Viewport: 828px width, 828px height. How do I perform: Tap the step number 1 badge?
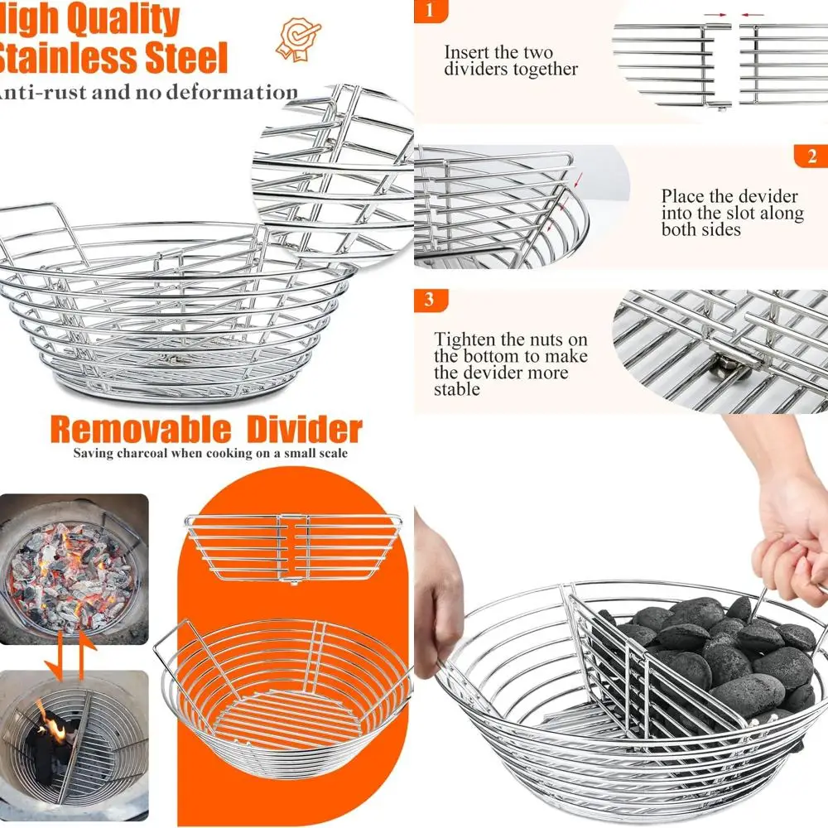tap(429, 11)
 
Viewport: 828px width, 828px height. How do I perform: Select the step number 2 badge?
tap(811, 156)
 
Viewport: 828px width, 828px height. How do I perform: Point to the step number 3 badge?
tap(429, 300)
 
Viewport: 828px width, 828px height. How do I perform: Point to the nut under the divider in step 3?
tap(726, 364)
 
